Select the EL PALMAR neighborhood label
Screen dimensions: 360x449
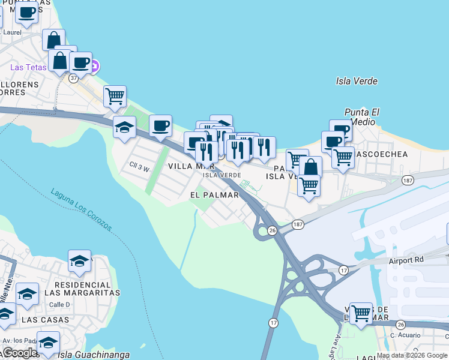pyautogui.click(x=214, y=195)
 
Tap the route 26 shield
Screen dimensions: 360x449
pyautogui.click(x=272, y=230)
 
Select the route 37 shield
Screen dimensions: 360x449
pyautogui.click(x=73, y=78)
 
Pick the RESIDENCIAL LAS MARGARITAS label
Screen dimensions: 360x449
pyautogui.click(x=87, y=288)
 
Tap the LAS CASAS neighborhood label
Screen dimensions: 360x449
pyautogui.click(x=43, y=320)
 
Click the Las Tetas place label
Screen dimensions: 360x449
pyautogui.click(x=28, y=67)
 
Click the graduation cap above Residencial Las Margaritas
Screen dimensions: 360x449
pyautogui.click(x=79, y=260)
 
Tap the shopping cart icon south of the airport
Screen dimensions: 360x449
pyautogui.click(x=361, y=313)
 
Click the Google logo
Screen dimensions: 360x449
pyautogui.click(x=19, y=353)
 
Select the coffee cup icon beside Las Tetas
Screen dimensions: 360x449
pyautogui.click(x=80, y=62)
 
